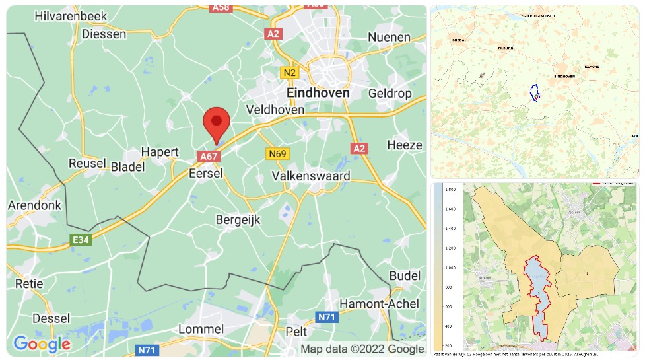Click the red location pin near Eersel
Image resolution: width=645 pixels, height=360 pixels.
pos(216,123)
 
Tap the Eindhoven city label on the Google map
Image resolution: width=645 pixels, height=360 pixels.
pos(318,93)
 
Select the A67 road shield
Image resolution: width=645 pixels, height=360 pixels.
pos(208,156)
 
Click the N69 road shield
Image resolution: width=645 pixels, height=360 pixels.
pos(277,154)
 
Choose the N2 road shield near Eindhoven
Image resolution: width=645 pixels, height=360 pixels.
pos(289,72)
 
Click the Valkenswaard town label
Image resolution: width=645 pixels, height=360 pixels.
pos(311,176)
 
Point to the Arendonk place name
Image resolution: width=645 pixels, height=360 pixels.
pos(34,205)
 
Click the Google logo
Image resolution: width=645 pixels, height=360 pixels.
pos(42,343)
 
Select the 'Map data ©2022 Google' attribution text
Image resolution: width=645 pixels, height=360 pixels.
pos(362,349)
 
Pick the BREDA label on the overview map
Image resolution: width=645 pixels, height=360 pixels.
pos(459,40)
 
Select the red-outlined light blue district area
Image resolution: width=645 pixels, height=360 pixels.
pos(539,291)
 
